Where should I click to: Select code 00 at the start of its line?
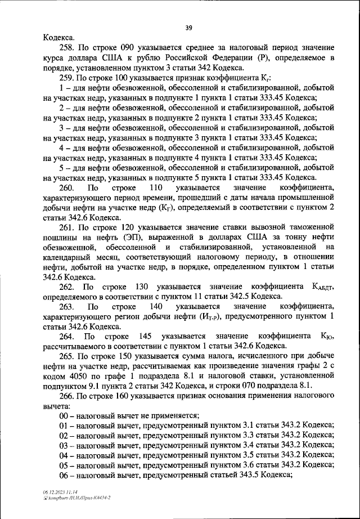65,417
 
